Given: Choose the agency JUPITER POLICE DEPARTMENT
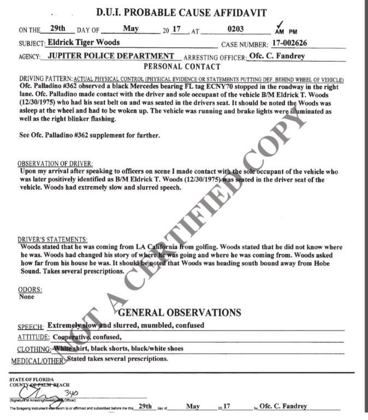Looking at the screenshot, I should point(107,57).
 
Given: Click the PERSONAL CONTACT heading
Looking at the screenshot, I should point(181,67).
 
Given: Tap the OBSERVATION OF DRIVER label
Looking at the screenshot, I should point(55,163).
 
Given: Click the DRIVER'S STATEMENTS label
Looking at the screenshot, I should point(52,240).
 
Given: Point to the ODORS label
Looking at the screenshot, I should point(31,291).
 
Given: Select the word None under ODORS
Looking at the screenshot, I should point(27,298).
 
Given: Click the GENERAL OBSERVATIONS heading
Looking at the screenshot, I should point(180,313).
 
